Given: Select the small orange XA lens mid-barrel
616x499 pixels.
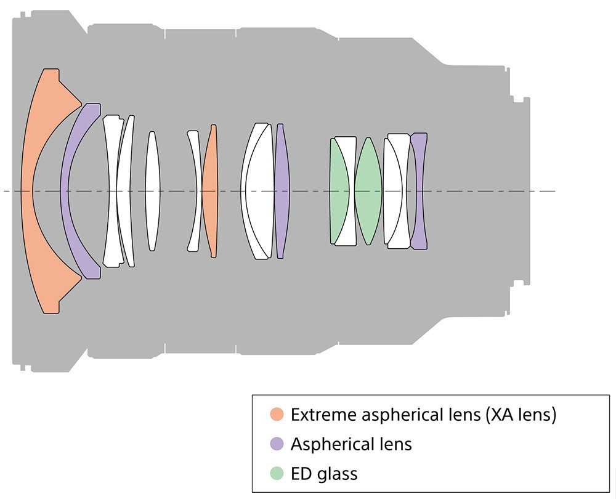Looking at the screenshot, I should (x=211, y=191).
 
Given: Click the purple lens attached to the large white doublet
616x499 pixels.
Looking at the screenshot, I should (x=282, y=191).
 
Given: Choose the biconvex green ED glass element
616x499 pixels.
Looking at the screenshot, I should (x=368, y=191).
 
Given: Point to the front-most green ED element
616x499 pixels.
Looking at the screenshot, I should (x=338, y=191).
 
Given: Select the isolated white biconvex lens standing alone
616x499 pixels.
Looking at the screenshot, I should (x=152, y=191).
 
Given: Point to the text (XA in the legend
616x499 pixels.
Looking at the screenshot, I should (x=500, y=415).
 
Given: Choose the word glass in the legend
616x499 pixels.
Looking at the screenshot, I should (x=337, y=473).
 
